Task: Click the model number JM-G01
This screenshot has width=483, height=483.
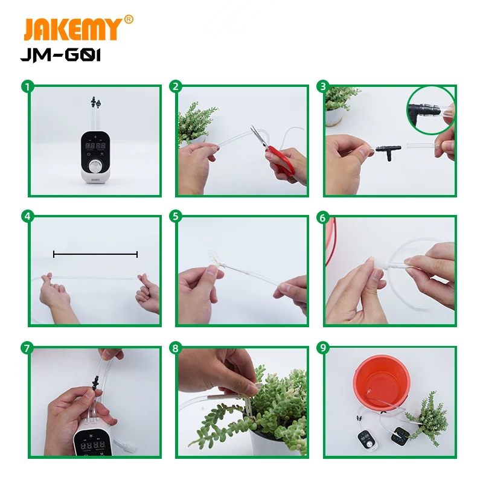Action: [60, 55]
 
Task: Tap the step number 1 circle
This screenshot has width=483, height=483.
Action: [27, 86]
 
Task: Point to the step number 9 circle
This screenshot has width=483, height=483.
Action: [323, 348]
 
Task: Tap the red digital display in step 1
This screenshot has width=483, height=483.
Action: [95, 146]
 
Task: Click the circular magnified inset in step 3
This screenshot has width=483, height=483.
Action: [430, 110]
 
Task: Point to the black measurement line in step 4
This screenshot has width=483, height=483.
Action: [95, 254]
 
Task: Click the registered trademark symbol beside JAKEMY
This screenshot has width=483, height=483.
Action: [129, 19]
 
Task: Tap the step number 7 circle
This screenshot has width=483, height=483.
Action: [27, 348]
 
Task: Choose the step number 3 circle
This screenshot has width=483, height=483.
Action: [323, 86]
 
